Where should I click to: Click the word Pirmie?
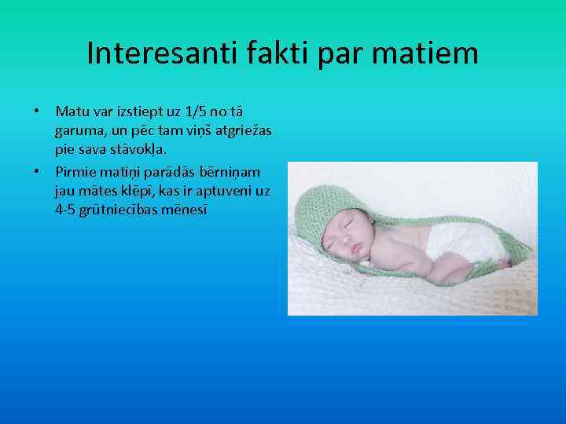click(76, 171)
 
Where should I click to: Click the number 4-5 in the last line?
click(66, 210)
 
